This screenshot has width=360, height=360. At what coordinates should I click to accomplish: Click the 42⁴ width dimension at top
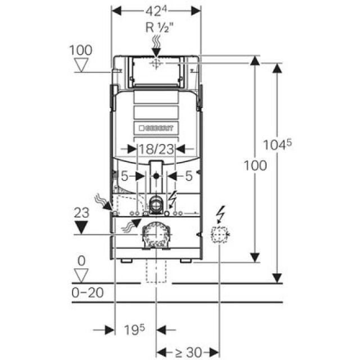point(156,11)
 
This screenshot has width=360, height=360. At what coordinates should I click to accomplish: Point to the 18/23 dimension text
point(157,149)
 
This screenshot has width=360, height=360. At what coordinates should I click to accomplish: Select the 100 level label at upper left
point(80,49)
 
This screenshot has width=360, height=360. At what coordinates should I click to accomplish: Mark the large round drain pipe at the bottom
point(156,234)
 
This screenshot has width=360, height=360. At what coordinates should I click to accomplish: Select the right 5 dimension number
point(189,176)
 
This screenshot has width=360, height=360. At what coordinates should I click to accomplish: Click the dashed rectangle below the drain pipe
point(156,271)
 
